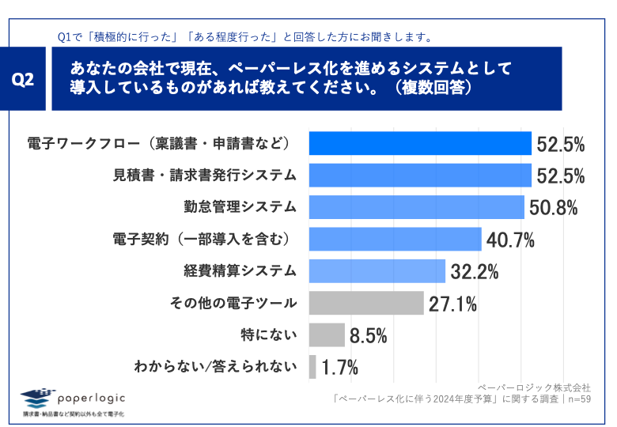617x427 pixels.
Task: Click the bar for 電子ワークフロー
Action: (419, 143)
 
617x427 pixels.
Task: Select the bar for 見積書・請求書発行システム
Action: (419, 175)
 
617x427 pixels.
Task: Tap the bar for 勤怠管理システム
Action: (416, 207)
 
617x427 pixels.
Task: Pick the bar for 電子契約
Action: (395, 239)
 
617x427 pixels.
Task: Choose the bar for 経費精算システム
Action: (377, 271)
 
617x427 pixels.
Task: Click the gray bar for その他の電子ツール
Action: (365, 303)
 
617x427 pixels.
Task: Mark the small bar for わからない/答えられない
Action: (312, 367)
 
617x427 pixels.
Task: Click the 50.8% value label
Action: (553, 209)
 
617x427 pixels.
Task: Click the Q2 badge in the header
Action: (25, 79)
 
